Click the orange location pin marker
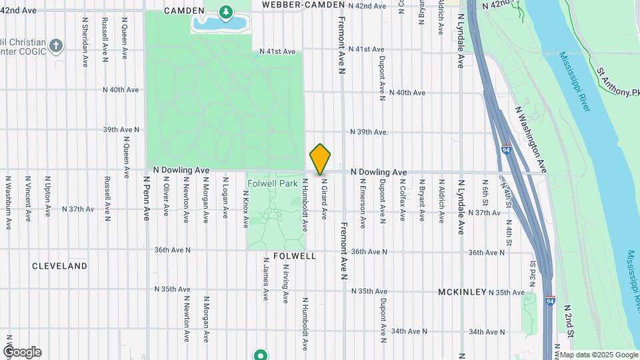[321, 159]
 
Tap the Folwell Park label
[273, 183]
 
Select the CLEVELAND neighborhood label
[59, 266]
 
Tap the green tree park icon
[226, 11]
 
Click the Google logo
[22, 352]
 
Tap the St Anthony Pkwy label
[617, 81]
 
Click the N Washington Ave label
[531, 139]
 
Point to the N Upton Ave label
[47, 197]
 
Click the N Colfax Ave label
[403, 199]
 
